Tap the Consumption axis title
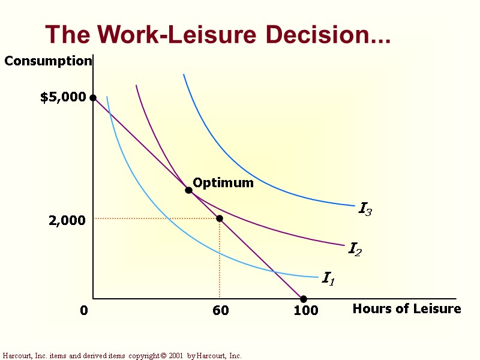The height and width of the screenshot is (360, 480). [48, 61]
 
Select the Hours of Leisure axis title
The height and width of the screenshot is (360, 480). [407, 309]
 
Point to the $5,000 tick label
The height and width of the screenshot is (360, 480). [63, 98]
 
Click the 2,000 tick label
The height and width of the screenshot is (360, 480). [67, 221]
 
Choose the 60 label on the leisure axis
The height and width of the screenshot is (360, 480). [220, 311]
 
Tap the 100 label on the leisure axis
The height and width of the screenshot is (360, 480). [305, 311]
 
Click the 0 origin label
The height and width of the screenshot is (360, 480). [84, 311]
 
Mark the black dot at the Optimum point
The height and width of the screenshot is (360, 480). [188, 190]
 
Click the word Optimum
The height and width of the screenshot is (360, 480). [223, 183]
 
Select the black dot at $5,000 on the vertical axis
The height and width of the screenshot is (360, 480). [93, 98]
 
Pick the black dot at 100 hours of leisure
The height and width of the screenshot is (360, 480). [304, 299]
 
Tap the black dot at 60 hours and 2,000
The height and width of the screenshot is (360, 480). [220, 218]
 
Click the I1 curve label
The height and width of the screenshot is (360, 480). [328, 278]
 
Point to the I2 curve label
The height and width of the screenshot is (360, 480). [355, 248]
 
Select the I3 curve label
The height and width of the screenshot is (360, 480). [365, 209]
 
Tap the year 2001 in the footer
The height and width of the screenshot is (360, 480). [175, 356]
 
